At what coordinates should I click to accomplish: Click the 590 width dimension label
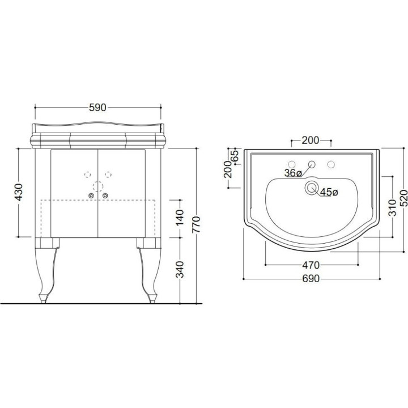pos(97,108)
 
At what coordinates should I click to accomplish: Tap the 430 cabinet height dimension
pos(19,192)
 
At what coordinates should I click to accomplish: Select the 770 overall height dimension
pos(197,224)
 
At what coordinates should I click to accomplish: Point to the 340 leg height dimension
pos(180,270)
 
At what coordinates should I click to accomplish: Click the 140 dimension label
pos(180,217)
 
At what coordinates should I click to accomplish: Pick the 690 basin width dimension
pos(311,279)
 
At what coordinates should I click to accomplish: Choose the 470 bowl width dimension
pos(311,265)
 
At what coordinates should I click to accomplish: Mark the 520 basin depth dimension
pos(403,199)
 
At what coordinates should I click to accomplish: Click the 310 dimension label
pos(392,207)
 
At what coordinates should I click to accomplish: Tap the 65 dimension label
pos(235,156)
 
